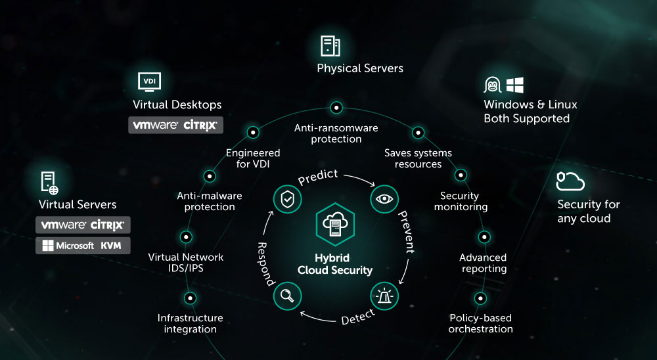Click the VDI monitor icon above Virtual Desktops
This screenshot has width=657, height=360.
point(149,81)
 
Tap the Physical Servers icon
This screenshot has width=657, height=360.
point(330,45)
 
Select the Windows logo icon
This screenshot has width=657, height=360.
point(515,85)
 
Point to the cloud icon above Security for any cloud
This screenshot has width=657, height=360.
point(570,181)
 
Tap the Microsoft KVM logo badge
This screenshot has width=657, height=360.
point(82,246)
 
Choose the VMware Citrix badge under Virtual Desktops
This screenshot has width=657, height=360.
point(175,125)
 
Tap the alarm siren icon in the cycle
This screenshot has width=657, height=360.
point(384,296)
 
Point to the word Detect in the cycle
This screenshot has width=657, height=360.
point(358,317)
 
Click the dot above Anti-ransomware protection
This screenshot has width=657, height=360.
point(336,107)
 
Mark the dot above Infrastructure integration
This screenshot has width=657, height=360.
point(190,298)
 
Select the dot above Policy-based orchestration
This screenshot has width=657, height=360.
point(480,298)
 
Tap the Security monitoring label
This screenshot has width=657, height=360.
point(464,201)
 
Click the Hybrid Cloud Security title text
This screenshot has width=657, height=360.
point(335,264)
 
